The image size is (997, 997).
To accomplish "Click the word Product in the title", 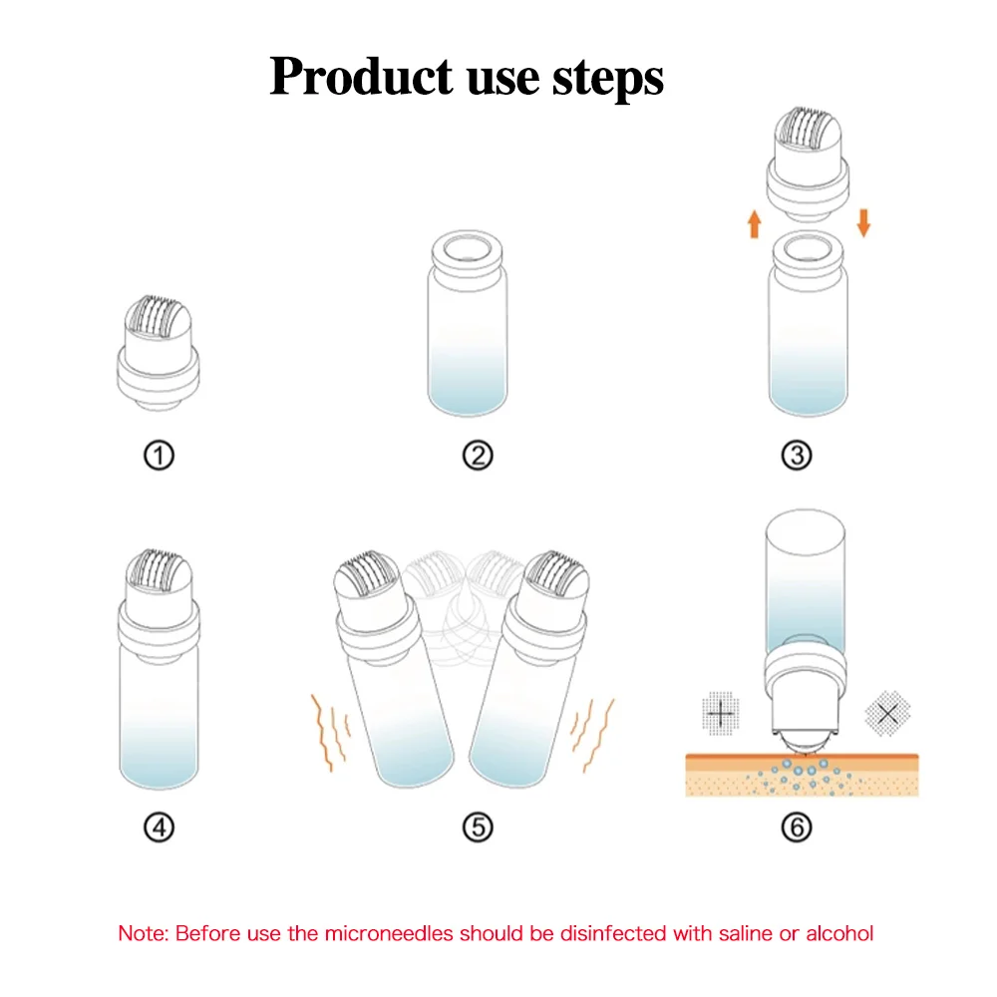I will [x=352, y=76].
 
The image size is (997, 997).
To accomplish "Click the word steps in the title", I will [x=606, y=78].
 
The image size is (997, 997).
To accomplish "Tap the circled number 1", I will [x=160, y=456].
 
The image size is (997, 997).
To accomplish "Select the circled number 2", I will [x=478, y=456].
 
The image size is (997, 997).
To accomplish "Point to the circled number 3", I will [x=796, y=456].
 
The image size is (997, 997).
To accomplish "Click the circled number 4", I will [x=160, y=828].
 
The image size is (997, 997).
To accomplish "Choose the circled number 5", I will [x=478, y=828].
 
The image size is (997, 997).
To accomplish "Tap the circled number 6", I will [x=796, y=828].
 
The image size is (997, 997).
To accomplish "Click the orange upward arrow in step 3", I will [x=754, y=221].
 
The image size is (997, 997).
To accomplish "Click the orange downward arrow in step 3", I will [x=863, y=221].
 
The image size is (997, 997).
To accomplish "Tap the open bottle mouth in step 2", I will [x=467, y=249].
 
